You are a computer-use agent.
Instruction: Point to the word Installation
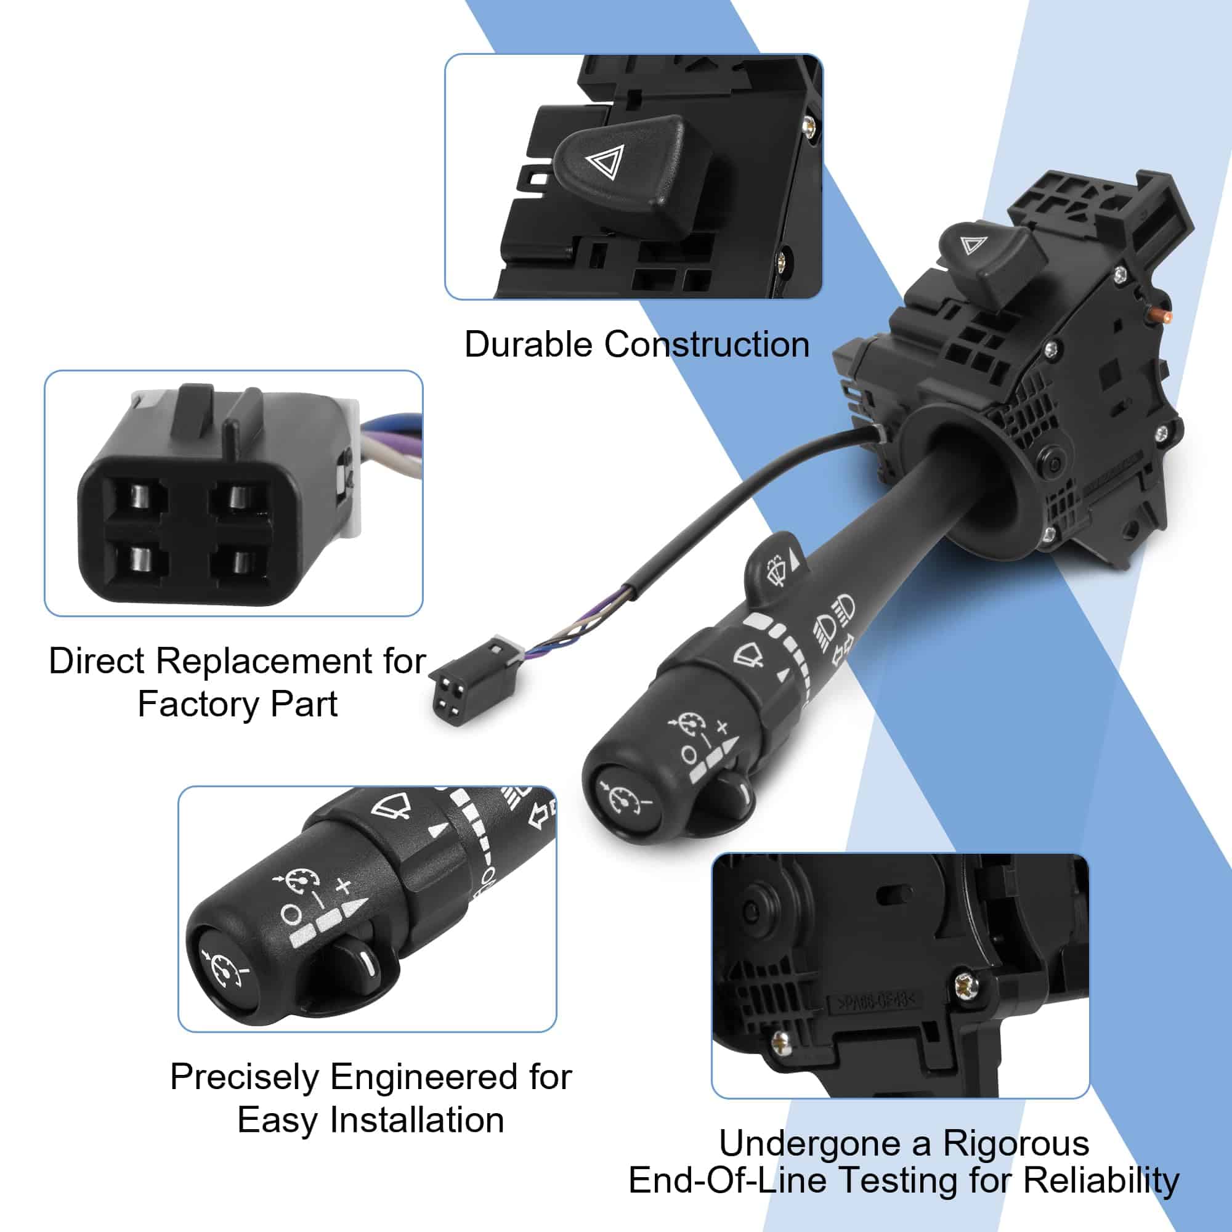[x=416, y=1121]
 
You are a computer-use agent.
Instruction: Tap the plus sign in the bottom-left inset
[x=344, y=886]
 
